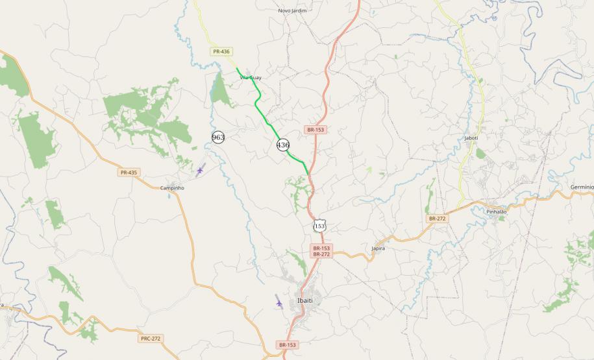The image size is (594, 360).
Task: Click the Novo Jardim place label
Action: coord(291,10)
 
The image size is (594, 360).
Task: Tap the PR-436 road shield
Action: coord(221,51)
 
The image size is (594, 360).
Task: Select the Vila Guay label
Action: coord(251,78)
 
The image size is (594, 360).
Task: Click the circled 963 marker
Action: coord(218,137)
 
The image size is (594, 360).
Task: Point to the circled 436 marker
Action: coord(283,145)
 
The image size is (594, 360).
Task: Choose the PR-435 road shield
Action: coord(129,173)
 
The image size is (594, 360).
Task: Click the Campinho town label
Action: coord(172,187)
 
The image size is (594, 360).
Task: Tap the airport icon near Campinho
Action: coord(200,171)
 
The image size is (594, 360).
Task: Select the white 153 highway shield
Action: coord(319,226)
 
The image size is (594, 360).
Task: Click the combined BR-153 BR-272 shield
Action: coord(321,252)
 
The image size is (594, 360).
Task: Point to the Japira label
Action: coord(378,248)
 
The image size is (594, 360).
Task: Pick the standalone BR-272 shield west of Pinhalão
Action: coord(438,219)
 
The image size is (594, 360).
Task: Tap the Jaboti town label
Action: coord(471,138)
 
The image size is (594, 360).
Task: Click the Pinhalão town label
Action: coord(496,211)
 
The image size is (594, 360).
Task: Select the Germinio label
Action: coord(582,186)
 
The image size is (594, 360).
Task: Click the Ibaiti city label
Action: coord(305,301)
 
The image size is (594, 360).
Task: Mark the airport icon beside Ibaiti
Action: coord(279,302)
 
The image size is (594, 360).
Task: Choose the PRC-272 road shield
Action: coord(150,339)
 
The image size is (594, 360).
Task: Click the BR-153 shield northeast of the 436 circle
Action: coord(315,130)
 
